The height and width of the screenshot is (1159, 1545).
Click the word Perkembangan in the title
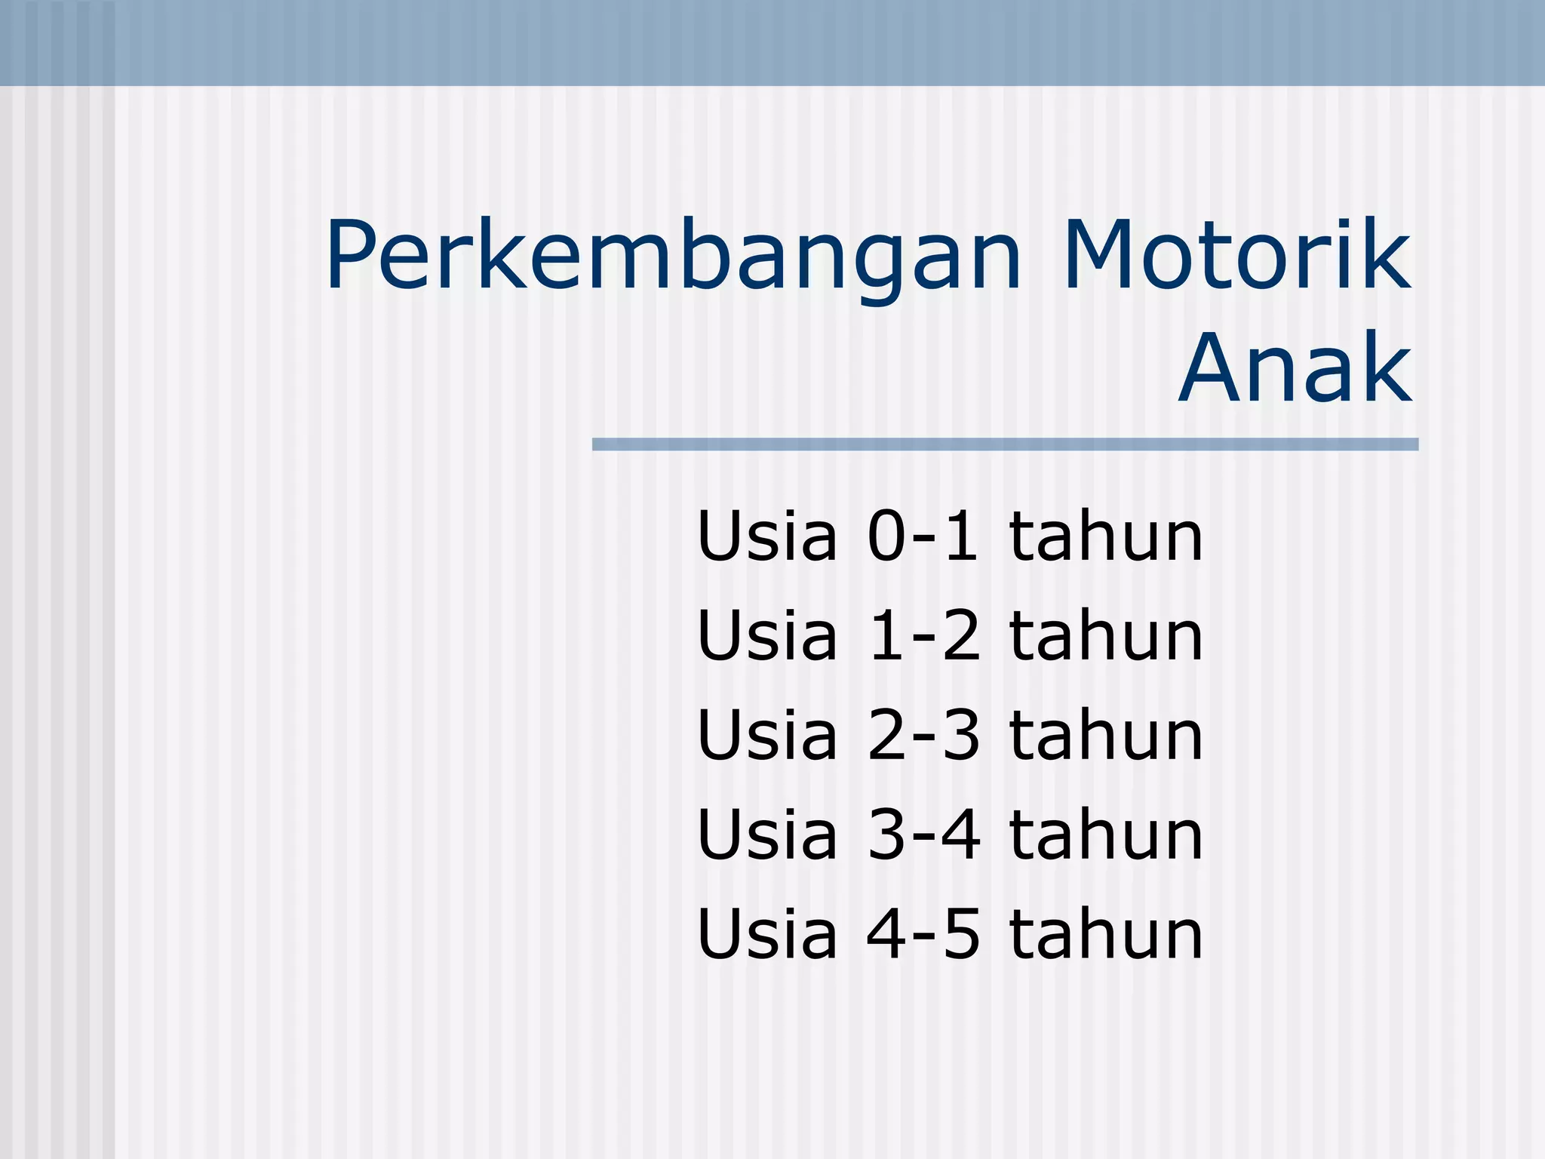[x=673, y=257]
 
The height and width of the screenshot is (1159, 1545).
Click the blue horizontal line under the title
[x=1005, y=444]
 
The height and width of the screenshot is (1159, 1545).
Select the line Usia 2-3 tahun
[x=950, y=735]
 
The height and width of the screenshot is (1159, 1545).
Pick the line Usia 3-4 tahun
[x=950, y=835]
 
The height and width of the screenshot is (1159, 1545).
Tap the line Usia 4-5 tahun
[x=950, y=934]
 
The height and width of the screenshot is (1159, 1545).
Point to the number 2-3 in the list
[x=924, y=735]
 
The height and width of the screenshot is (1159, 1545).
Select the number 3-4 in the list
[x=924, y=835]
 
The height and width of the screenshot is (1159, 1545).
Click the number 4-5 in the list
[x=924, y=934]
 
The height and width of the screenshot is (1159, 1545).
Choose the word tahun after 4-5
[x=1106, y=934]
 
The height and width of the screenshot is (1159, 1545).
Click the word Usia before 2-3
[x=767, y=735]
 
